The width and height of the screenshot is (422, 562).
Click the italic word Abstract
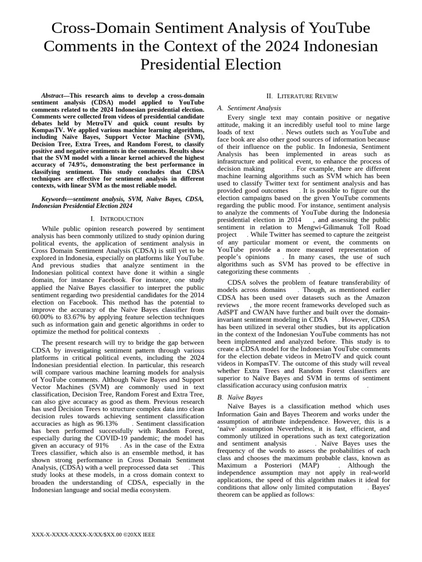pyautogui.click(x=55, y=95)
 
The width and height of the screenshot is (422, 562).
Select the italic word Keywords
pyautogui.click(x=56, y=198)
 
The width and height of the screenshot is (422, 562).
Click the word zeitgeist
pyautogui.click(x=373, y=234)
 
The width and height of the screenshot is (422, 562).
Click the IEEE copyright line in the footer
pyautogui.click(x=93, y=534)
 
